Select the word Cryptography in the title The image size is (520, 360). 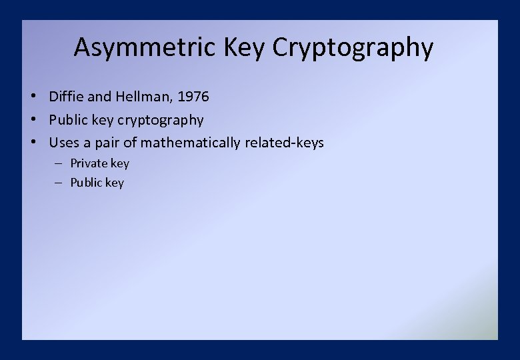[x=353, y=48]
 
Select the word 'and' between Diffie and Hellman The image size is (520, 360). [x=100, y=97]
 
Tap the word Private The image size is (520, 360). [x=89, y=163]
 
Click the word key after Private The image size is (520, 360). [x=120, y=163]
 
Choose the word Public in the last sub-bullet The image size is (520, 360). [x=87, y=183]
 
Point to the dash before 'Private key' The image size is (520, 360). [x=59, y=163]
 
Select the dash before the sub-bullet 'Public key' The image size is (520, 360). [x=59, y=183]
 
